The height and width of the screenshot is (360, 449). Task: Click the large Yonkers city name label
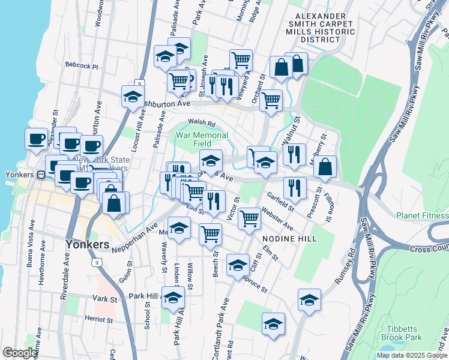point(87,245)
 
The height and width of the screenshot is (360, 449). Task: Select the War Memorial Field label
point(202,139)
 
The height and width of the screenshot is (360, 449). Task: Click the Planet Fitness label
point(422,215)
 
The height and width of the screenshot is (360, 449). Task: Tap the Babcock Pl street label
point(82,66)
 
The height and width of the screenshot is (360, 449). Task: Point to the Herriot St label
point(98,318)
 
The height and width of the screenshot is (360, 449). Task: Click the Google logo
point(20,353)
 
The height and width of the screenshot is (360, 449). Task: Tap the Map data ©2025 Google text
point(412,355)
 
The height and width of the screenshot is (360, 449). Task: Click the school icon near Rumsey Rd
point(309,299)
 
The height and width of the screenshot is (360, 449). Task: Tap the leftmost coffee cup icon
point(36,139)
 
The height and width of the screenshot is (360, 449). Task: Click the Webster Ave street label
point(277,218)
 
